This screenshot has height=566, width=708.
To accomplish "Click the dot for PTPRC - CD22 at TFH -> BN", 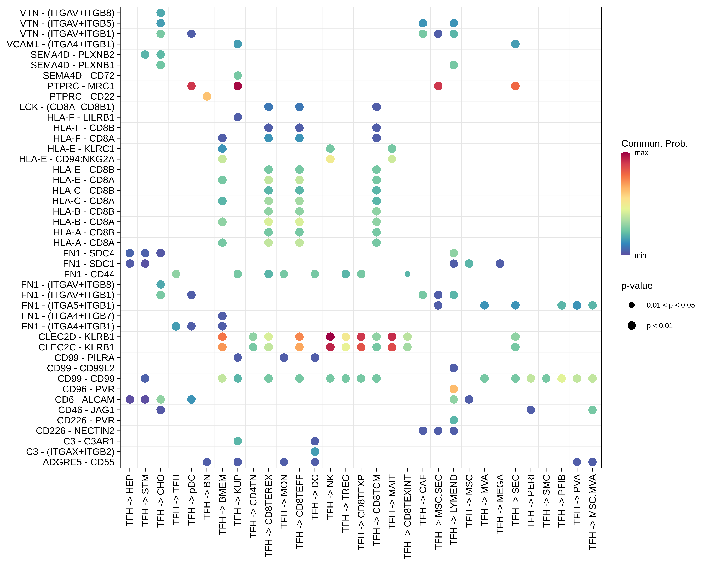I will [206, 96].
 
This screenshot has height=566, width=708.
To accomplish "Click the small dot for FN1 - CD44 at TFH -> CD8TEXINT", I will [407, 274].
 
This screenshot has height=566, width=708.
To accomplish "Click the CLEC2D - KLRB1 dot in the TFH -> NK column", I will [330, 337].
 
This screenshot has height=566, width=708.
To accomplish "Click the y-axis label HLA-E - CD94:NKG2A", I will [67, 159].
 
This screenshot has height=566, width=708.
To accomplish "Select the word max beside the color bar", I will [641, 153].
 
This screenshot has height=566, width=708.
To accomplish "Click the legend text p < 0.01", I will [659, 326].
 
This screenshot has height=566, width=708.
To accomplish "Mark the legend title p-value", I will [636, 286].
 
